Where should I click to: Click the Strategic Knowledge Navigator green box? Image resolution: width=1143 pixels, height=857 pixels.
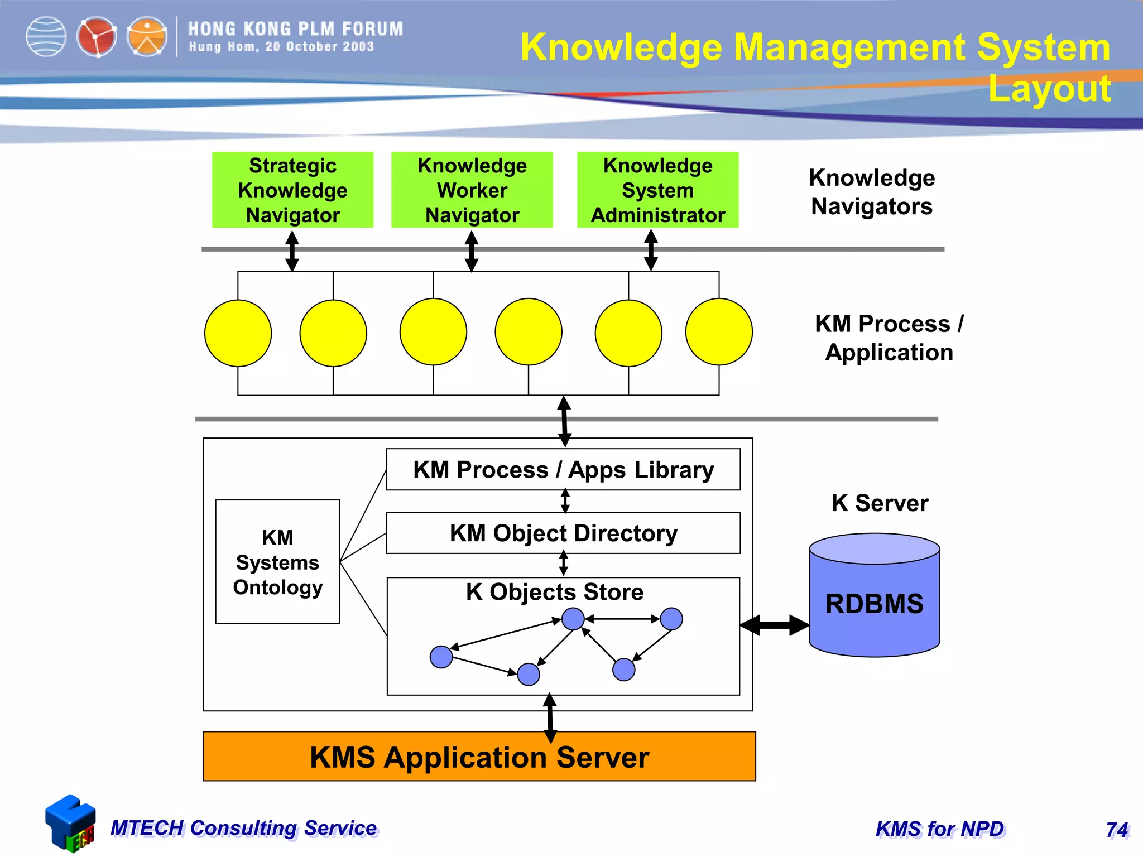point(292,190)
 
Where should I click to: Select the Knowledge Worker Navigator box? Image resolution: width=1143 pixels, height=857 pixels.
point(472,190)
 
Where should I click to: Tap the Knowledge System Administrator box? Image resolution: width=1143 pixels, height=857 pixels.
point(657,190)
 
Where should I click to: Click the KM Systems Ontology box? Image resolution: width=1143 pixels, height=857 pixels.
point(277,561)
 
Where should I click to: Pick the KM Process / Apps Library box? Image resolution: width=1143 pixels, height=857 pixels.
point(563,470)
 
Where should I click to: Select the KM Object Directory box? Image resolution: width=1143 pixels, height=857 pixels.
point(563,533)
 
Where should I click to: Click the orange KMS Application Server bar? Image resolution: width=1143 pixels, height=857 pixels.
point(479,757)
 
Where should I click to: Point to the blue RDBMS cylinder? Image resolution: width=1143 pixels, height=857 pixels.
point(874,603)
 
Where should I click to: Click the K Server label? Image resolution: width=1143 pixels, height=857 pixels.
point(880,503)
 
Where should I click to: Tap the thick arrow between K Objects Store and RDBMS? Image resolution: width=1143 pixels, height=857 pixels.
point(775,625)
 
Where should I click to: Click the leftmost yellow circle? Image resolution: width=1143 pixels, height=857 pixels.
point(238,333)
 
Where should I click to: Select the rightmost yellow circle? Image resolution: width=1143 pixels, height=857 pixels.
point(719,332)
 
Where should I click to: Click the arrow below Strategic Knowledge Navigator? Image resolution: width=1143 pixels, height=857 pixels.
point(292,251)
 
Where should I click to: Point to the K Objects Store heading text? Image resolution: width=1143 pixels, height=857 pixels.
point(554,592)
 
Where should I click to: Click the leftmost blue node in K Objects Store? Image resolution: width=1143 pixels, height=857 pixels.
point(441,657)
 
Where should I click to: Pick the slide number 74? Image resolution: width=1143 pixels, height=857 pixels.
point(1117,830)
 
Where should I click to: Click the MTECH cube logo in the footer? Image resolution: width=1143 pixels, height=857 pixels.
point(70,824)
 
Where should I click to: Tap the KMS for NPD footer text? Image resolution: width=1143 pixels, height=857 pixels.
point(940,829)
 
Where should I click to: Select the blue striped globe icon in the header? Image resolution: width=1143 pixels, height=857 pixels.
point(46,37)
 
